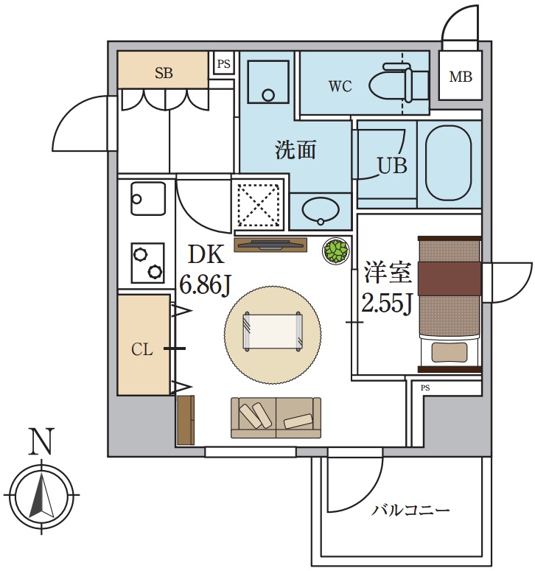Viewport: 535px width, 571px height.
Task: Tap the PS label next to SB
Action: coord(223,64)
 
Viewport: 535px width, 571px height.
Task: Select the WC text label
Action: coord(340,86)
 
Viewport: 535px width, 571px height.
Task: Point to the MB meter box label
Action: coord(461,77)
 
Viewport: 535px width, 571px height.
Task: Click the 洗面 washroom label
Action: coord(296,150)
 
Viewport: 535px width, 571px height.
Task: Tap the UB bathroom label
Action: coord(392,166)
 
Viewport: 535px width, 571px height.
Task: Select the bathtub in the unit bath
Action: coord(449,163)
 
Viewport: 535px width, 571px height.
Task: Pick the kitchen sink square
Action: coord(146,197)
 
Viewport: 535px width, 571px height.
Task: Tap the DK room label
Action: coord(206,255)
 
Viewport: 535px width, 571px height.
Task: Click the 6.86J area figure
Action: coord(206,284)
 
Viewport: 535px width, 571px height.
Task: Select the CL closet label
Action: coord(142,349)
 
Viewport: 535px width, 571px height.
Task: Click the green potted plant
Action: coord(335,251)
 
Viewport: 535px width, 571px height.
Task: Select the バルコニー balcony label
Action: coord(410,510)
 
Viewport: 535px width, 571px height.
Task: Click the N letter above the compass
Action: coord(41,442)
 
